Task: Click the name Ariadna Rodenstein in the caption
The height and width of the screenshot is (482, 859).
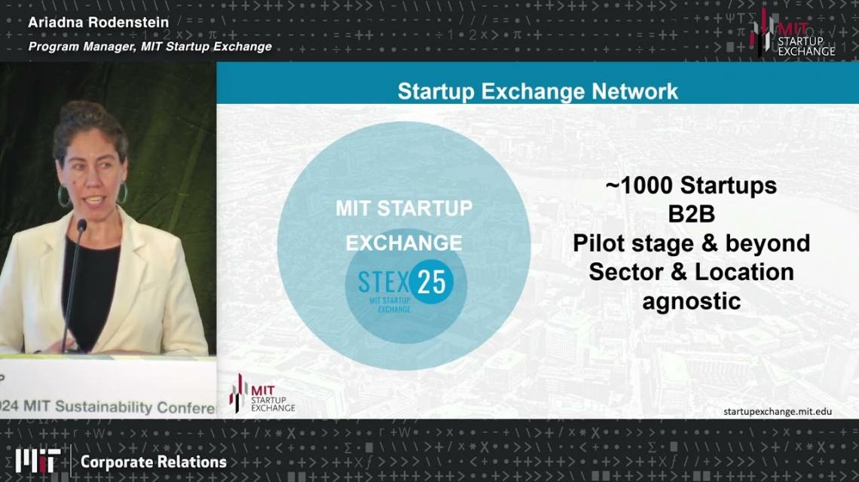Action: click(x=99, y=23)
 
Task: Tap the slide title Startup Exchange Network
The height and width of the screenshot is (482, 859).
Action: click(x=537, y=91)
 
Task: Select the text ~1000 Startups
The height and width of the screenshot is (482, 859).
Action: click(x=691, y=186)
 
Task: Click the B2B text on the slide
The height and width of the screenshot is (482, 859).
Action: click(x=692, y=214)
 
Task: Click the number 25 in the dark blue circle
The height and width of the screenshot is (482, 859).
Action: click(x=433, y=282)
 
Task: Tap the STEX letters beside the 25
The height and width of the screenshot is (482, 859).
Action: click(x=383, y=282)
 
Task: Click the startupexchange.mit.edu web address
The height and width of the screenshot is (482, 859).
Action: click(x=778, y=411)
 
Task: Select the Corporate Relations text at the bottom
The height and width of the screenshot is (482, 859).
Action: click(x=154, y=462)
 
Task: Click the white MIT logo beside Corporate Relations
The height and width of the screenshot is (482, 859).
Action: click(x=38, y=461)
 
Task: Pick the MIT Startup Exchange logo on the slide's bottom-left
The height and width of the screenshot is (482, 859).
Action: click(x=262, y=393)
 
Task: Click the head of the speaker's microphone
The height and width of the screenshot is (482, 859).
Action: click(x=81, y=224)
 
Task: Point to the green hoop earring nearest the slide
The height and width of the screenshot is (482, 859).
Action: click(x=123, y=194)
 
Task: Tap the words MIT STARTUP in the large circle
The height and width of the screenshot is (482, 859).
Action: click(x=404, y=208)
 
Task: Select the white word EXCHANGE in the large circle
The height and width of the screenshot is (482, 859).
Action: click(x=404, y=243)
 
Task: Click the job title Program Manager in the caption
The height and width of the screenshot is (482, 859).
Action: click(x=81, y=47)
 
